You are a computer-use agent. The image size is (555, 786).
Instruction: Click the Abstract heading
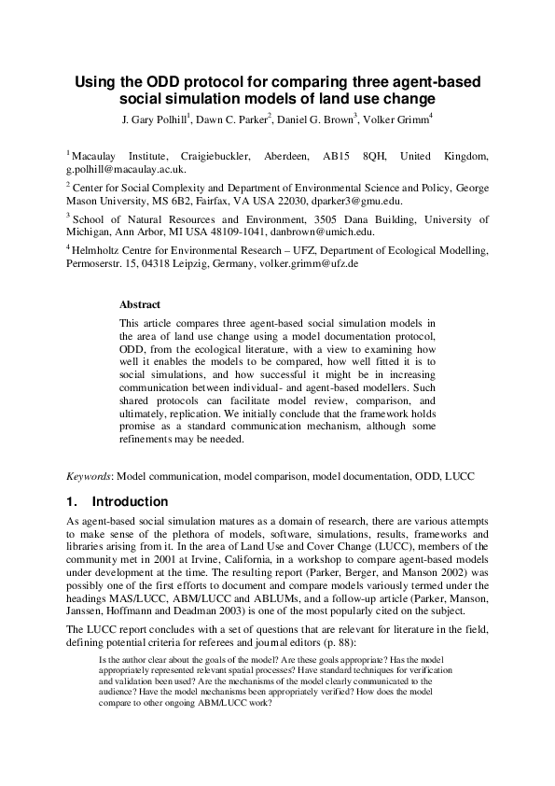[140, 304]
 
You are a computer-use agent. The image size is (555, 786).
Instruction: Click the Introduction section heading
[130, 501]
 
